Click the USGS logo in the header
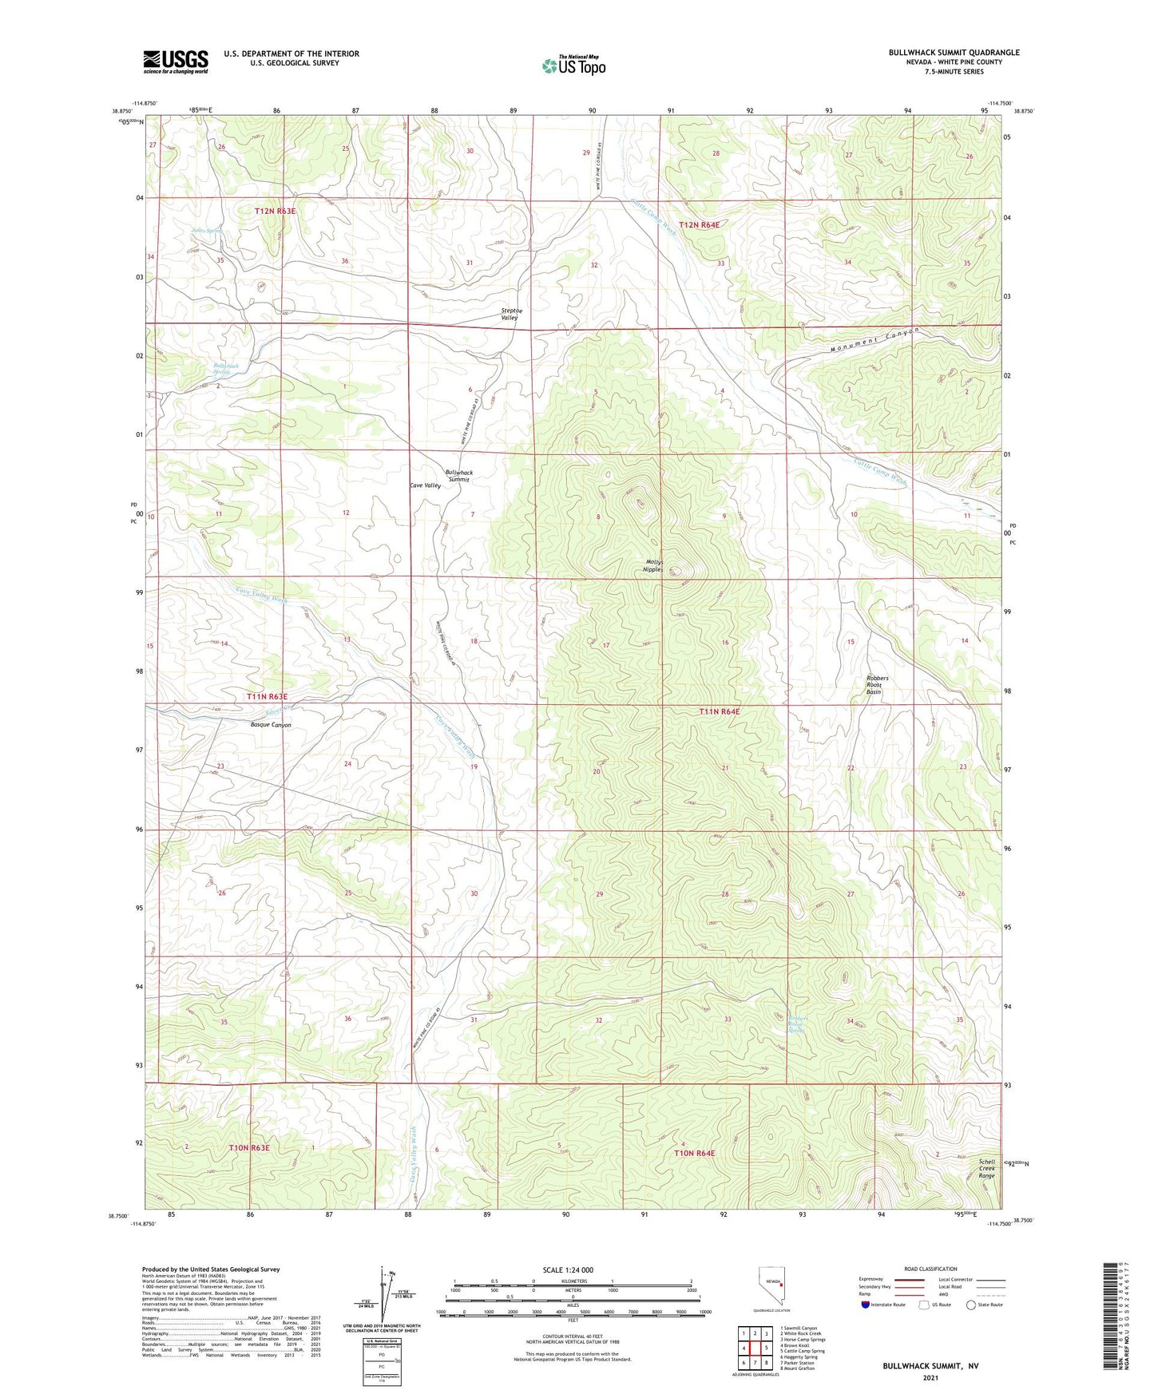(x=176, y=61)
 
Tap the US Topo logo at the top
(x=573, y=65)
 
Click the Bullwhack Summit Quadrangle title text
(x=954, y=53)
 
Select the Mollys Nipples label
(x=654, y=566)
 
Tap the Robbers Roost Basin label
(x=877, y=685)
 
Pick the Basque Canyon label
(x=271, y=725)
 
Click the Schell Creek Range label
(x=987, y=1169)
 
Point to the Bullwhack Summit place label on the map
(x=458, y=476)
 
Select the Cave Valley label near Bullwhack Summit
(x=425, y=485)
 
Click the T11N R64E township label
(x=720, y=711)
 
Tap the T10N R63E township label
(x=250, y=1147)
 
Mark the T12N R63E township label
(x=276, y=211)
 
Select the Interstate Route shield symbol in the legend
(x=866, y=1305)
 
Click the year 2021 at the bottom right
(x=930, y=1377)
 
